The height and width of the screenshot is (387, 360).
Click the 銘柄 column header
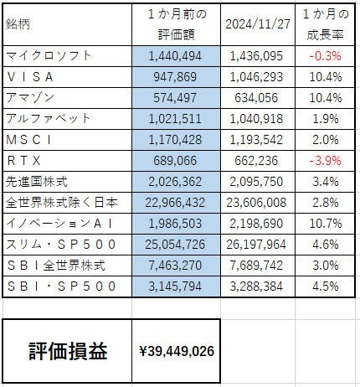point(18,24)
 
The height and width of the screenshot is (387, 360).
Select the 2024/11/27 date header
point(258,24)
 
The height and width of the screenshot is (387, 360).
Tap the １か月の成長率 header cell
point(325,24)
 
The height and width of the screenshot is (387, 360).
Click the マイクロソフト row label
point(49,56)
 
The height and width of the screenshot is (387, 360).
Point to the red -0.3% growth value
point(325,56)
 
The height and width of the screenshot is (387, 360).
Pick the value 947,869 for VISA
point(175,77)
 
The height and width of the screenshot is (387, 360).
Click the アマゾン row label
point(30,98)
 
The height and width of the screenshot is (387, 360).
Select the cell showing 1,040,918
point(256,119)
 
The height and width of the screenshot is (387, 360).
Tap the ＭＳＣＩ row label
point(28,140)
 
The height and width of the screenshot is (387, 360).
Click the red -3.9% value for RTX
point(325,161)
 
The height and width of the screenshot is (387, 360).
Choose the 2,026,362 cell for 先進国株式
point(175,182)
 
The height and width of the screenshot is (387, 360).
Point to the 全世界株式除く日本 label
point(62,203)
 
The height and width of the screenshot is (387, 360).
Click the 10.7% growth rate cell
point(326,224)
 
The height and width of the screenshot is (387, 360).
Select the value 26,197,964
point(256,245)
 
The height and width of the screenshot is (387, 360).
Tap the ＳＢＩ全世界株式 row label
point(56,266)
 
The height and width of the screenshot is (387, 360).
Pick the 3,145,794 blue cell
point(175,286)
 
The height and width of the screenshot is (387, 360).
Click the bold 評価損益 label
point(68,351)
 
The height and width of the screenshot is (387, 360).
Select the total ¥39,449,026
point(177,351)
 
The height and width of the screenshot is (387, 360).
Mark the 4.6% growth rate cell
point(326,245)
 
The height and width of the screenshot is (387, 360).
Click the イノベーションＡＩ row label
point(59,224)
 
